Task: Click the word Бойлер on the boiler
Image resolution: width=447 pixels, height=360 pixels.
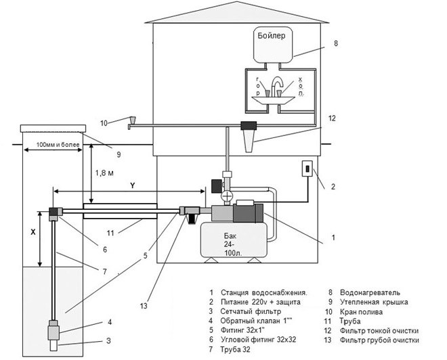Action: [x=271, y=36]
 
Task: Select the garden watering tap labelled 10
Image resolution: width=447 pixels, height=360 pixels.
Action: [x=132, y=122]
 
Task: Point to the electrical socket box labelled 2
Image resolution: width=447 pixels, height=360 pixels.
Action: [x=307, y=168]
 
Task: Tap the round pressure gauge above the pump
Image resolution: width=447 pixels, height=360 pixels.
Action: [x=227, y=196]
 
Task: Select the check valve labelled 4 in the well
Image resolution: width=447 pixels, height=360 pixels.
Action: [x=54, y=330]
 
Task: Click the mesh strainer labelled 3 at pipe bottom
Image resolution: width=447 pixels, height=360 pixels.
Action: [x=54, y=346]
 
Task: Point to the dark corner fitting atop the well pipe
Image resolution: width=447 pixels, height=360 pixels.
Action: [x=54, y=212]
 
